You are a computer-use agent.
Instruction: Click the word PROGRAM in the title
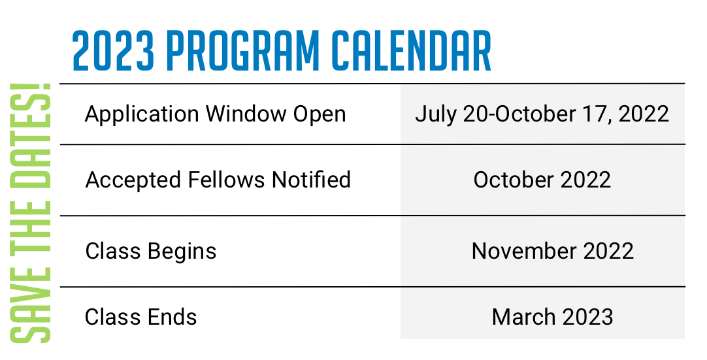pos(244,51)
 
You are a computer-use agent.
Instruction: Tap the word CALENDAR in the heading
pos(412,51)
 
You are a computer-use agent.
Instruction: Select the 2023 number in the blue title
pos(113,51)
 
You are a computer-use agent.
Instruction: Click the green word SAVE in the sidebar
pos(31,305)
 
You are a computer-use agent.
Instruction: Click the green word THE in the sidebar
pos(31,228)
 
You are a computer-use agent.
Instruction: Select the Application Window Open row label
pos(216,114)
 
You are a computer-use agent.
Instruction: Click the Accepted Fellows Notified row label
pos(218,180)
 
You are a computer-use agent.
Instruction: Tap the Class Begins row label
pos(150,252)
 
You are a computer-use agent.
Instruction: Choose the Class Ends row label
pos(140,317)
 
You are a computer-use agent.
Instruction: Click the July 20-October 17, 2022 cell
pos(542,114)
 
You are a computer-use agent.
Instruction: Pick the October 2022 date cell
pos(542,180)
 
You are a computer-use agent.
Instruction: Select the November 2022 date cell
pos(552,251)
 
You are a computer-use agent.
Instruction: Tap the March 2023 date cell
pos(552,317)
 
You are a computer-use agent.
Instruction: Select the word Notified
pos(311,180)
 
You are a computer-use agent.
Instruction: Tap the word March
pos(521,317)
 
